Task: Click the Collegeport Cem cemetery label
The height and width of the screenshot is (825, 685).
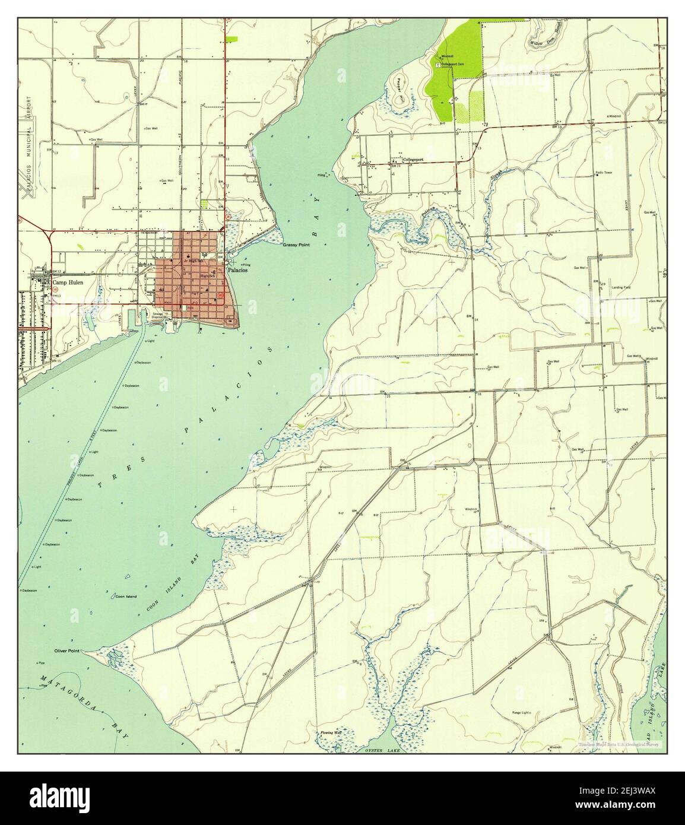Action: tap(452, 64)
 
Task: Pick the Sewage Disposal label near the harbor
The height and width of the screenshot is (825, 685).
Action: tap(158, 315)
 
